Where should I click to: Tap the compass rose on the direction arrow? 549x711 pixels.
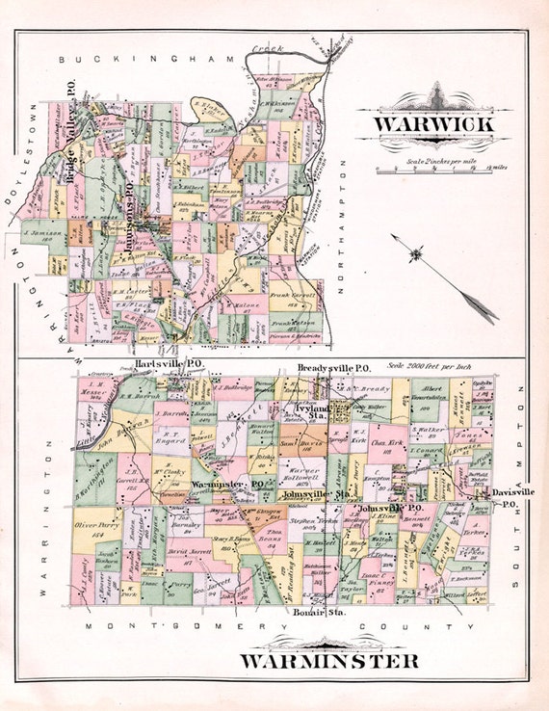pyautogui.click(x=416, y=254)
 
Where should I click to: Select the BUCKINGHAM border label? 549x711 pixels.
pyautogui.click(x=147, y=59)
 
